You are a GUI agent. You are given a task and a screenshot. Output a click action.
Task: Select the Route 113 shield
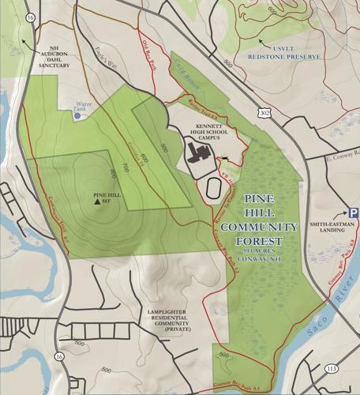point(330,369)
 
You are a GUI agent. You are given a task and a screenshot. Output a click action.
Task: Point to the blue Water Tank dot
point(77,116)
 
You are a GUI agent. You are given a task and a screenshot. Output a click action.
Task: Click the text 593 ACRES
point(264,250)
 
